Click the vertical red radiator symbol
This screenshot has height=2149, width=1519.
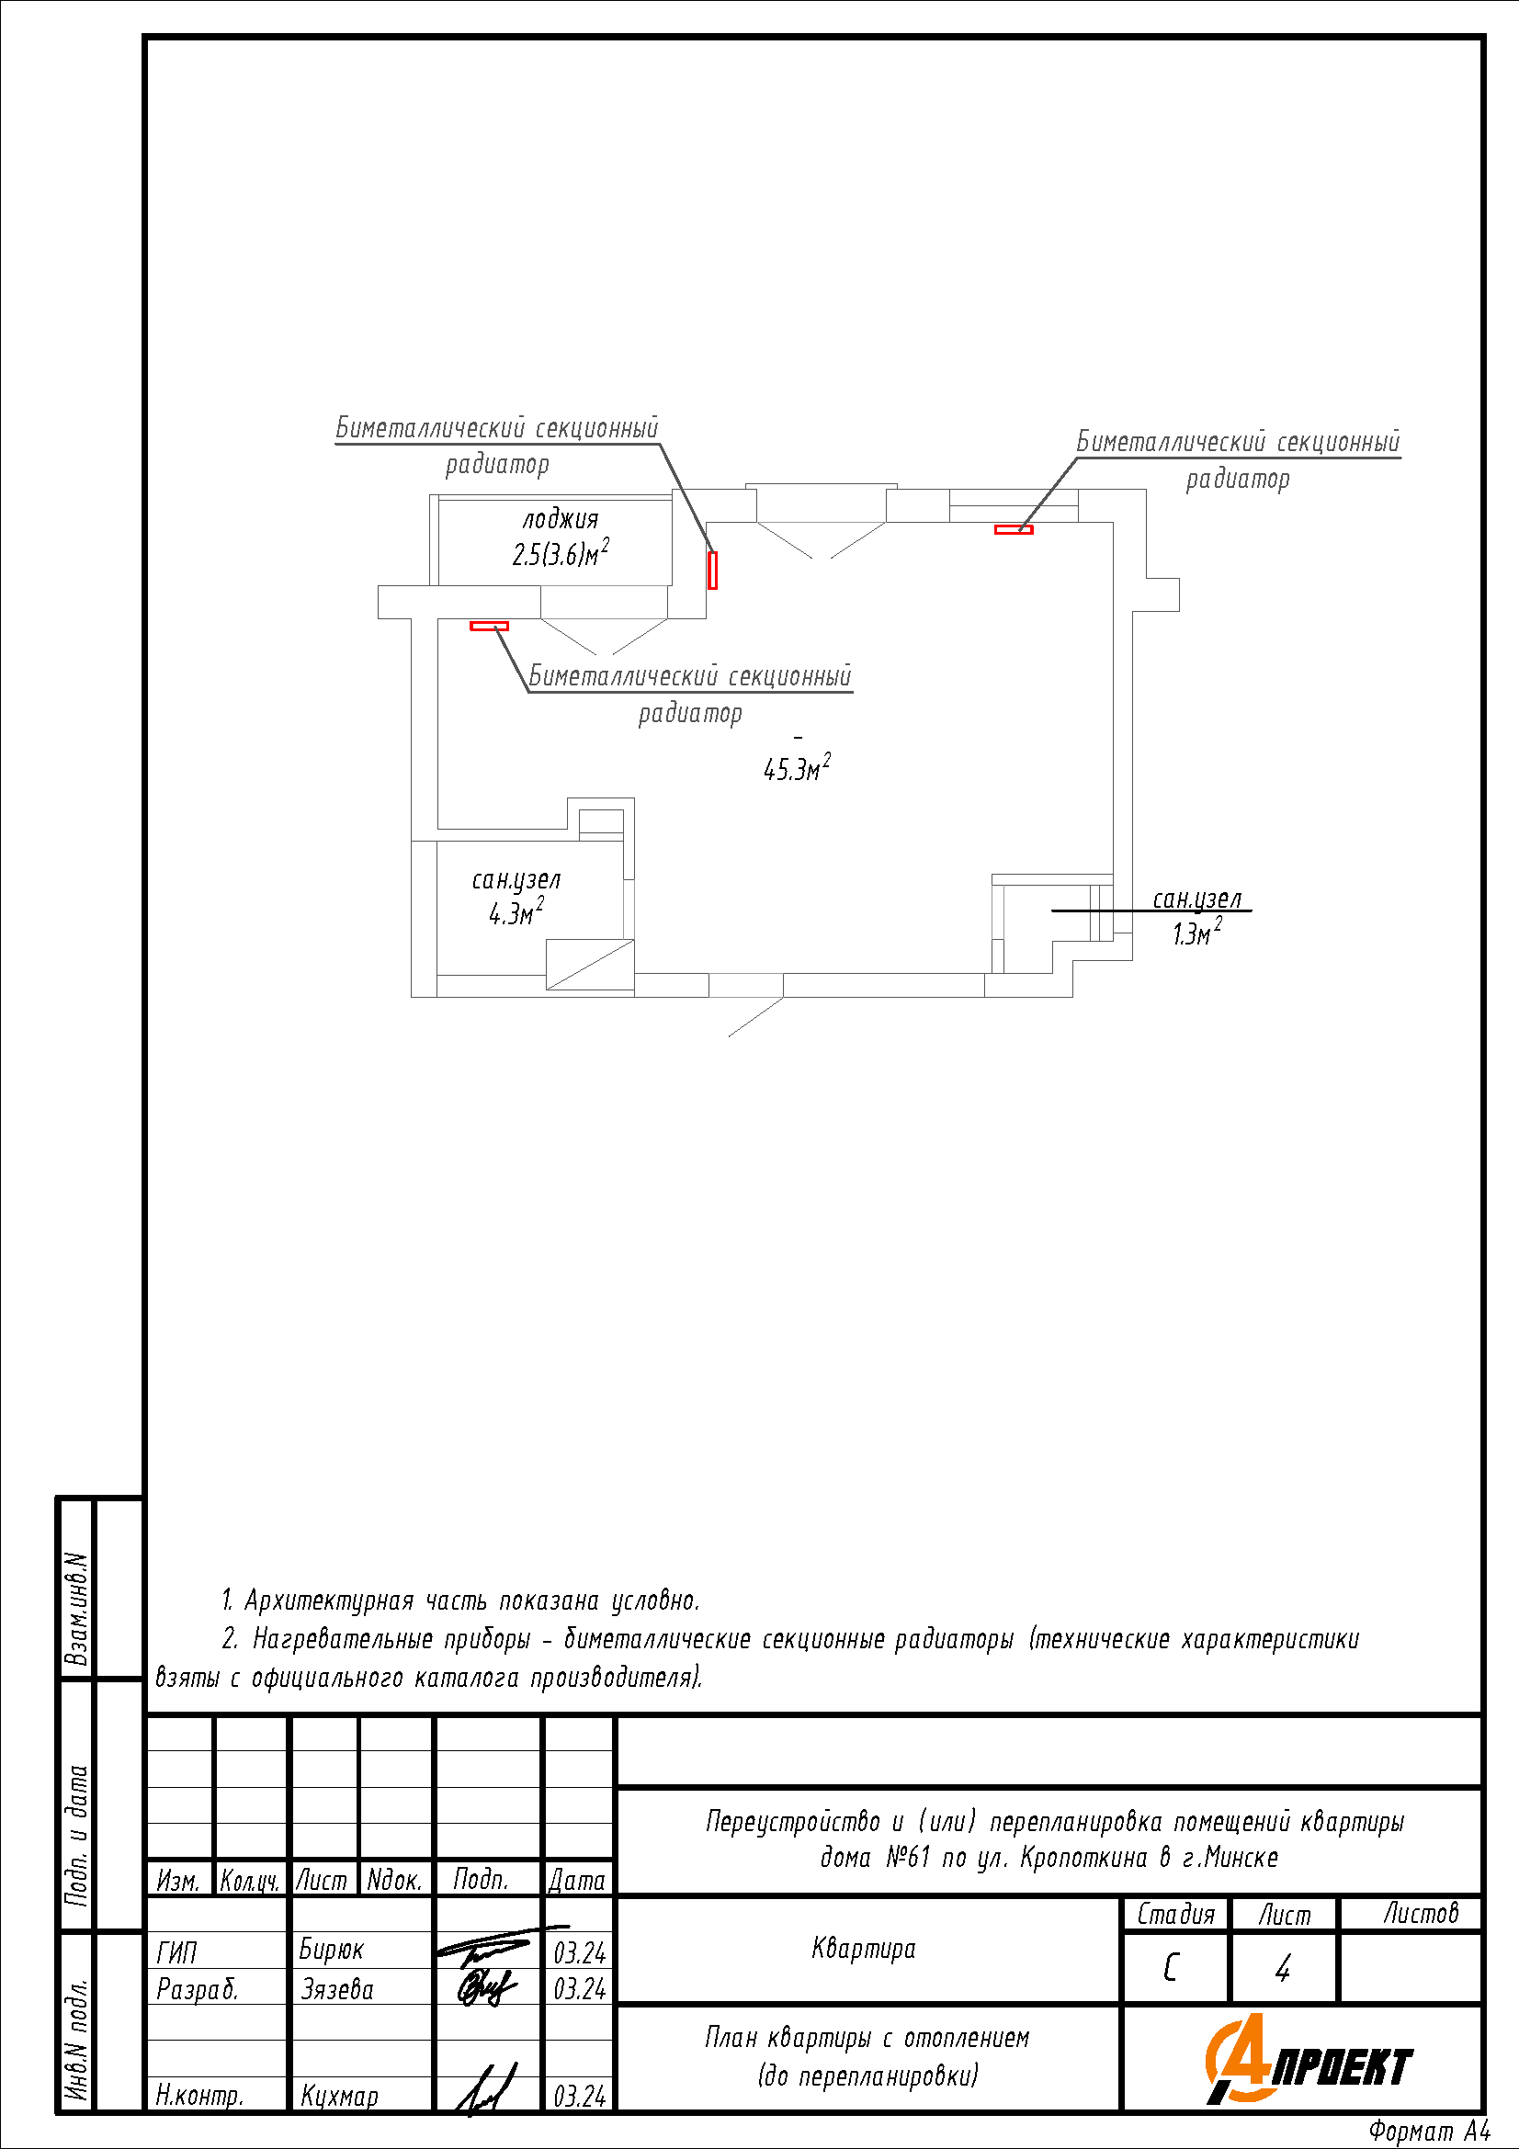pos(712,570)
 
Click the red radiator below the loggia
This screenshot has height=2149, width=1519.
pos(489,627)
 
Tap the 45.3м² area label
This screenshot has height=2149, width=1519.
pos(798,767)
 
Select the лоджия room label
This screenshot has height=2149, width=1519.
pos(560,519)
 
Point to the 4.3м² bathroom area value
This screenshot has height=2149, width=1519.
pos(516,911)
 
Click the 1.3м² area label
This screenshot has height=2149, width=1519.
pos(1197,933)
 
